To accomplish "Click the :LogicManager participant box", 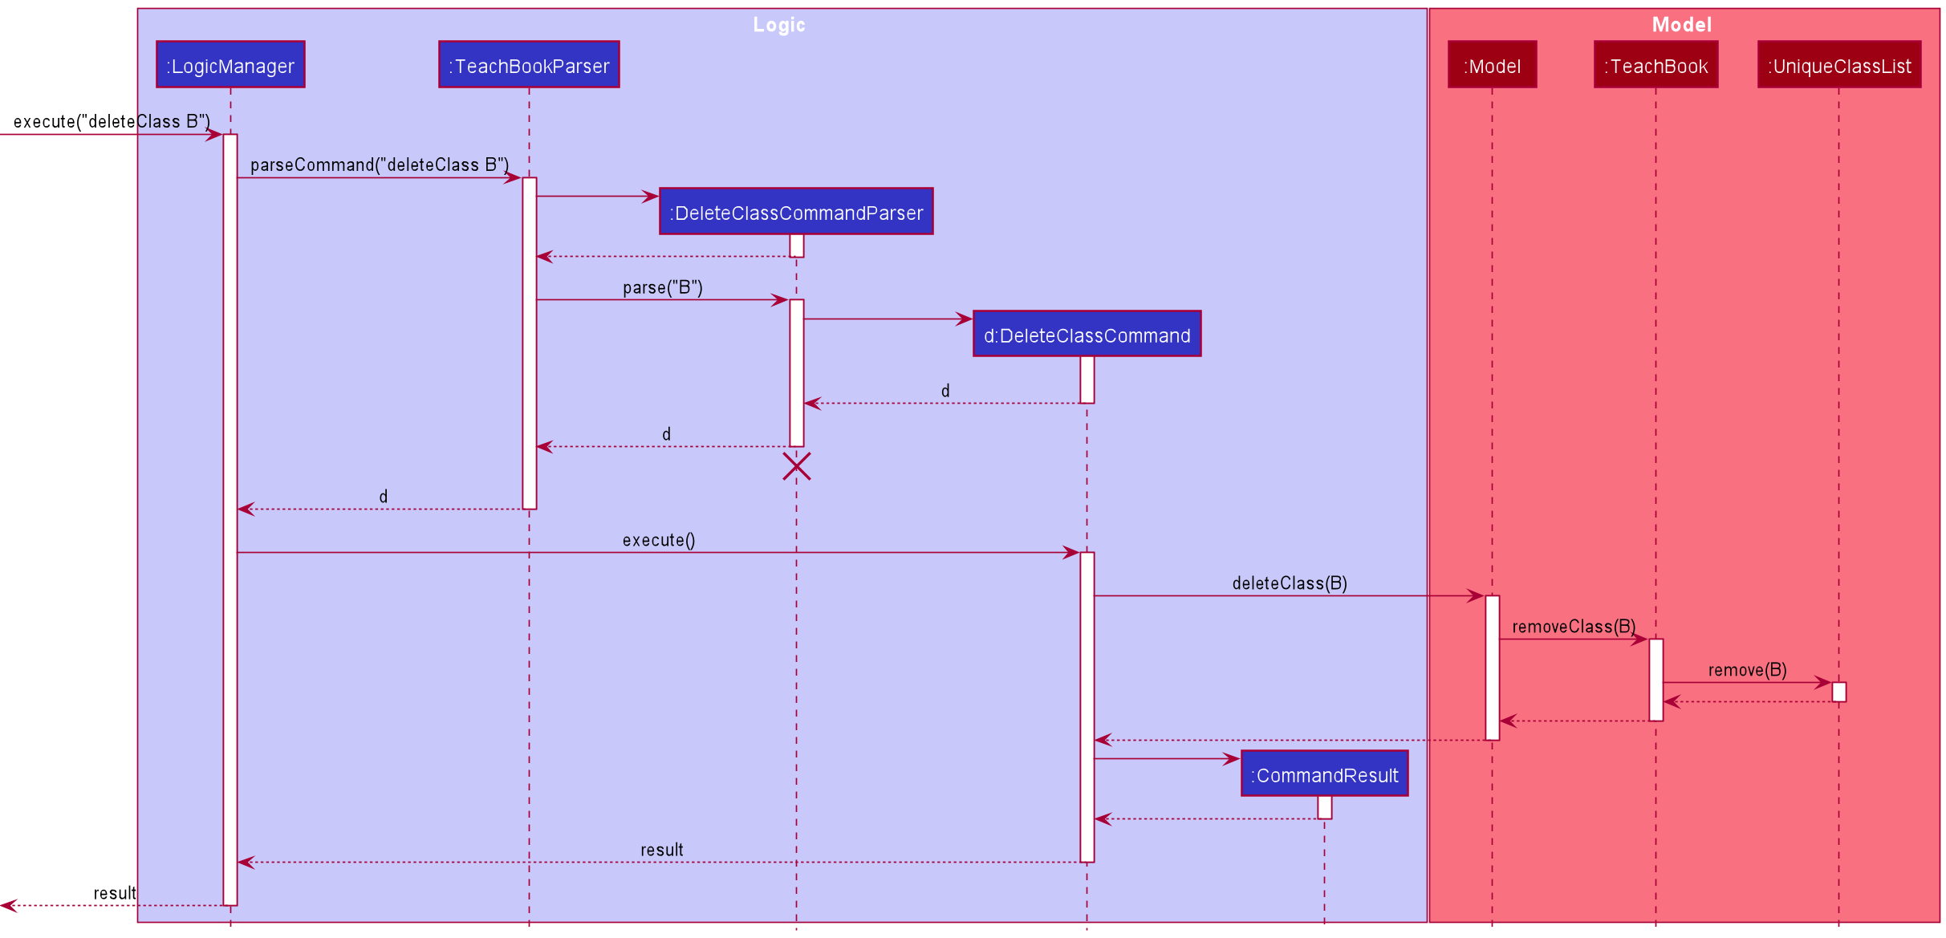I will tap(230, 65).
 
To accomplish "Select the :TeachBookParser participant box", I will tap(529, 65).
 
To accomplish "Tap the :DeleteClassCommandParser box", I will tap(796, 212).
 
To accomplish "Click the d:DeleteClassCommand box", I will tap(1087, 335).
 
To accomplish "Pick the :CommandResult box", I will tap(1324, 774).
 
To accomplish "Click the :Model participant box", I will tap(1492, 65).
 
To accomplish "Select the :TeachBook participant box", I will tap(1656, 65).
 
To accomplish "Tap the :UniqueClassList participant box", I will tap(1838, 65).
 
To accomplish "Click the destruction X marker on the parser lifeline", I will tap(796, 466).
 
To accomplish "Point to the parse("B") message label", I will tap(662, 287).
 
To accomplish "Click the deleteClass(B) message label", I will tap(1289, 583).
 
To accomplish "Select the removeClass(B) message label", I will tap(1573, 627).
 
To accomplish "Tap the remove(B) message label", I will tap(1747, 670).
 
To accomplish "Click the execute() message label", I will tap(658, 540).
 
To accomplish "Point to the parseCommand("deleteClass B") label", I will tap(379, 164).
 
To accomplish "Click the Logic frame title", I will tap(778, 25).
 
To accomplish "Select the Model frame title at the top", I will tap(1681, 25).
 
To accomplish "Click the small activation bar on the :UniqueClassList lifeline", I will tap(1838, 692).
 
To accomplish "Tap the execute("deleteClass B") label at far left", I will tap(112, 121).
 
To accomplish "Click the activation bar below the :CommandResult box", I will tap(1324, 807).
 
